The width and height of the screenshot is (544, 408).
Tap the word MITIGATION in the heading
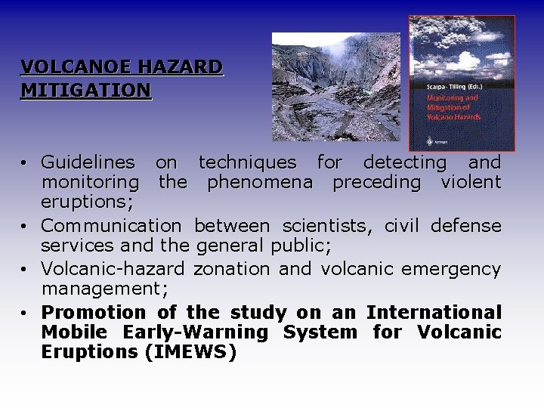click(85, 91)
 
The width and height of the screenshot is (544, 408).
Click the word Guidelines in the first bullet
click(88, 162)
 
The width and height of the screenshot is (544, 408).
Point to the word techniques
click(247, 162)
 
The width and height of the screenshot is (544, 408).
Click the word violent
click(471, 182)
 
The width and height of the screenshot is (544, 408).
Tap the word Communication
click(111, 226)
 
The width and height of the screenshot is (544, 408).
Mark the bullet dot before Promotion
click(25, 313)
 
